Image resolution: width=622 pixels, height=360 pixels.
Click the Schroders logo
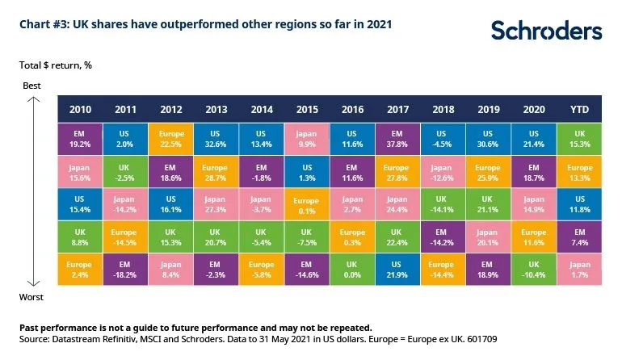pos(546,31)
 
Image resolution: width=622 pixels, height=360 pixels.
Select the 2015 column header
pos(308,108)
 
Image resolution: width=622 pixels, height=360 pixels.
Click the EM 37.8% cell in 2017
pos(397,139)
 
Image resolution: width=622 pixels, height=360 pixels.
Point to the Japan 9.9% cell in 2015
pos(308,139)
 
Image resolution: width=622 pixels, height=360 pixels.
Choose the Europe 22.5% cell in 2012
pos(170,139)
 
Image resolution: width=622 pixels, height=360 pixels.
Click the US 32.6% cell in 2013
pos(216,139)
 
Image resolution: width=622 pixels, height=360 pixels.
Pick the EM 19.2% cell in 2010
pos(80,139)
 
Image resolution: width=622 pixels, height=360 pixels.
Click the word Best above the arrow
pos(32,85)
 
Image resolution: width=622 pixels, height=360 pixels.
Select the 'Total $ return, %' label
pos(56,65)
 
